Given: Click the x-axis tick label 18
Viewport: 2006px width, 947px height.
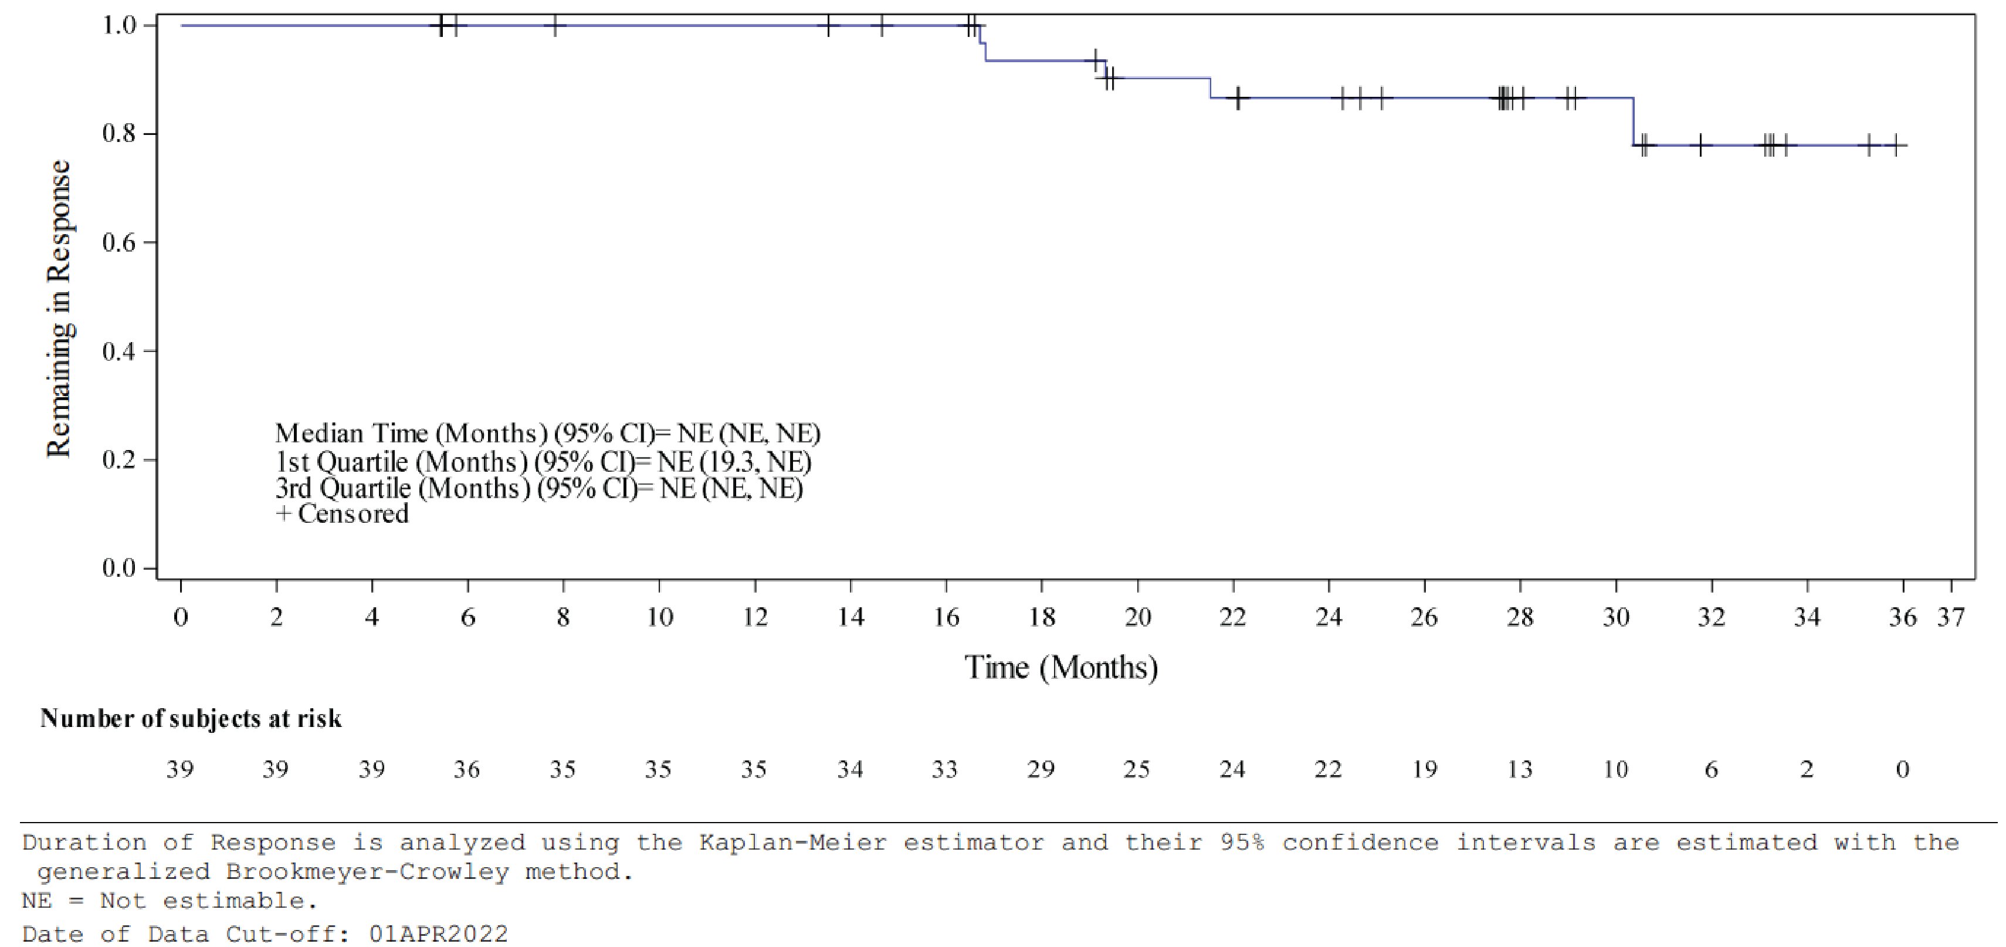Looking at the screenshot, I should coord(1041,618).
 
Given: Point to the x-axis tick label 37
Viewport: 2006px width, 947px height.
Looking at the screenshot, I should coord(1951,618).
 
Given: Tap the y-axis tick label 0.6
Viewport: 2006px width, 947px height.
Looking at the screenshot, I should coord(118,242).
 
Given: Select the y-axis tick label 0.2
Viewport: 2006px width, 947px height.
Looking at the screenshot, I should coord(118,459).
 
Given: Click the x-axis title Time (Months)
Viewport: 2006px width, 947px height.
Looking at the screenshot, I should coord(1060,667).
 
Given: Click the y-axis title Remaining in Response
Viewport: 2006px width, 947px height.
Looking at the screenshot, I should coord(59,309).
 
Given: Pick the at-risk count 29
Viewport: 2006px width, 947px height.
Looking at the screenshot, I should coord(1041,769).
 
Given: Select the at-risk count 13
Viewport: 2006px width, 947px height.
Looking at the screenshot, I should coord(1519,769).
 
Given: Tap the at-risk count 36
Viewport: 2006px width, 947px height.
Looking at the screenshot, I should coord(466,769).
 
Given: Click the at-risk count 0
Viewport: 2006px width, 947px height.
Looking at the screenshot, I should coord(1902,769).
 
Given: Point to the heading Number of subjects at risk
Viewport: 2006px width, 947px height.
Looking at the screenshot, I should coord(191,718).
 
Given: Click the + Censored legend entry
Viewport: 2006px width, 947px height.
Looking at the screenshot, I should coord(342,514).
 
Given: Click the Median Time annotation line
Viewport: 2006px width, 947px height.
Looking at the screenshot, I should coord(547,433).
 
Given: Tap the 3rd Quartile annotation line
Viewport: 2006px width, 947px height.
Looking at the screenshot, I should coord(539,488).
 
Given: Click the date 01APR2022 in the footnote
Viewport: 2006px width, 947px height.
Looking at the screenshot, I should coord(438,934).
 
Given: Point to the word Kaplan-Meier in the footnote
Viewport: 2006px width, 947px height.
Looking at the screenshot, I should coord(793,843).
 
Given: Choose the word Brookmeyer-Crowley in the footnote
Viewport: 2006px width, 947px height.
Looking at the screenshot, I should coord(368,871).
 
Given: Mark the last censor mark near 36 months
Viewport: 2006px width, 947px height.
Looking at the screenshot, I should coord(1896,145).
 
